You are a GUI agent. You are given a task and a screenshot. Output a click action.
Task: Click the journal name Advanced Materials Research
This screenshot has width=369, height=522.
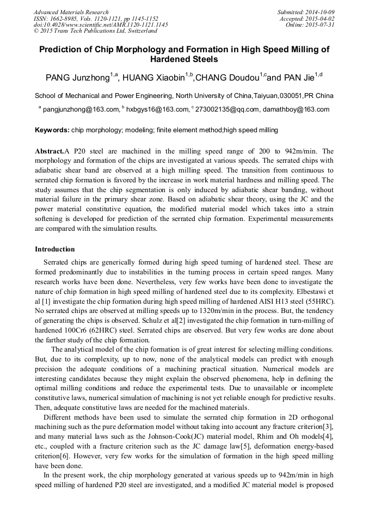(71, 12)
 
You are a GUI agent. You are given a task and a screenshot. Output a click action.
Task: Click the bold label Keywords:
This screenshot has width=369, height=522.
(52, 130)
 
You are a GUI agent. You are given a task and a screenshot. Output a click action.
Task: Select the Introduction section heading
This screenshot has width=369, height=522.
(55, 249)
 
